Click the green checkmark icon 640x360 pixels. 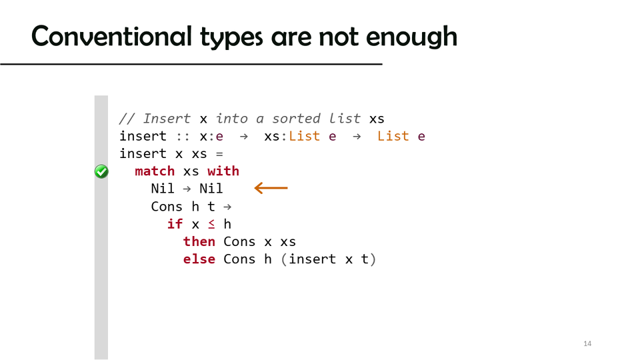(101, 171)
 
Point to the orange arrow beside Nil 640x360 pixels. (271, 188)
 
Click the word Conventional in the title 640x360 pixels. (111, 36)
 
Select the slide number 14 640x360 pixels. (587, 344)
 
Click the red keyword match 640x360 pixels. (155, 171)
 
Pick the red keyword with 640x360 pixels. (223, 171)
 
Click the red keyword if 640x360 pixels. (175, 224)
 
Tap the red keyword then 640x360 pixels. (199, 241)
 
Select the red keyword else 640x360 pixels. (199, 259)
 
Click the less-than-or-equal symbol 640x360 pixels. (211, 224)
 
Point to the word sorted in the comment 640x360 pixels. (296, 119)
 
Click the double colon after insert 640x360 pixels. (183, 137)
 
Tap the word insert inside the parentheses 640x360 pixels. (312, 259)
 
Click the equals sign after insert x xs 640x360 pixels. (219, 154)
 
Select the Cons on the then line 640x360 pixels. (239, 241)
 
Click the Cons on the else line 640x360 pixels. (239, 259)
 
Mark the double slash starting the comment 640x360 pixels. (127, 119)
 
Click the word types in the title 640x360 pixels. (231, 37)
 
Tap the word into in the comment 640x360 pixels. (231, 119)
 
